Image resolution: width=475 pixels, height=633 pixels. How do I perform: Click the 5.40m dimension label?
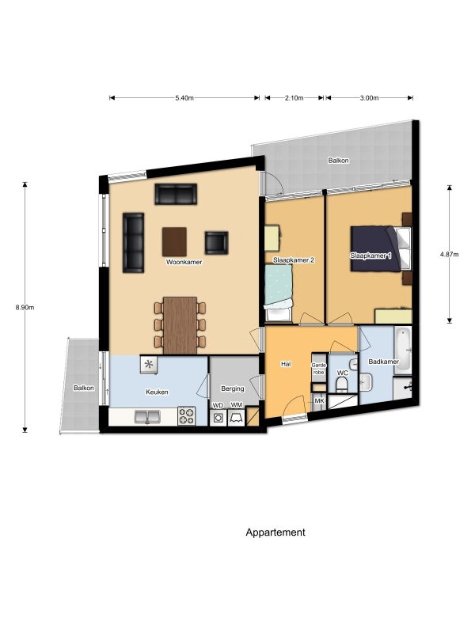(x=184, y=98)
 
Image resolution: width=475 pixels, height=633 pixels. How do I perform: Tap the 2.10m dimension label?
(x=294, y=98)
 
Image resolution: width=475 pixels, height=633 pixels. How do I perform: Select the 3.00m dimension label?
(x=369, y=98)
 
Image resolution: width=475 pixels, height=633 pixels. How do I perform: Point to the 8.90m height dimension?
(x=25, y=307)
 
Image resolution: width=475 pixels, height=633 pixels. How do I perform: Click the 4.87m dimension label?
(x=449, y=254)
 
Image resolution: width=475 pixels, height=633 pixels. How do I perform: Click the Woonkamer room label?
(x=184, y=262)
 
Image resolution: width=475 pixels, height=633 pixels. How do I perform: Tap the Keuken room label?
(x=157, y=392)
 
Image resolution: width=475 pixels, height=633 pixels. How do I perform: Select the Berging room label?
(x=232, y=389)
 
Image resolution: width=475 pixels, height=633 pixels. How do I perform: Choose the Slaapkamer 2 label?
(x=294, y=260)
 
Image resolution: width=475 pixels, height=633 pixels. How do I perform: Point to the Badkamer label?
(x=384, y=362)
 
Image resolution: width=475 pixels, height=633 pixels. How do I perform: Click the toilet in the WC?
(x=342, y=385)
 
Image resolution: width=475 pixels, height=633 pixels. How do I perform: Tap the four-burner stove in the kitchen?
(x=187, y=416)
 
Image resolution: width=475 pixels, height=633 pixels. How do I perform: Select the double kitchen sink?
(x=147, y=417)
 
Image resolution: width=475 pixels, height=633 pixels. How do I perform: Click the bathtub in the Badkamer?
(x=403, y=351)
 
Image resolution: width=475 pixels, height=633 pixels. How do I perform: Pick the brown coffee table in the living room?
(x=174, y=242)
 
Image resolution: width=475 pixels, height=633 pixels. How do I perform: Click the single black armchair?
(x=216, y=243)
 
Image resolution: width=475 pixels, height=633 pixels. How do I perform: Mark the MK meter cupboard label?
(x=319, y=401)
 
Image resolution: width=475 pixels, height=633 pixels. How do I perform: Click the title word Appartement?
(x=275, y=533)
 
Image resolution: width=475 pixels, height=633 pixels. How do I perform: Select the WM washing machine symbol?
(x=236, y=418)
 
